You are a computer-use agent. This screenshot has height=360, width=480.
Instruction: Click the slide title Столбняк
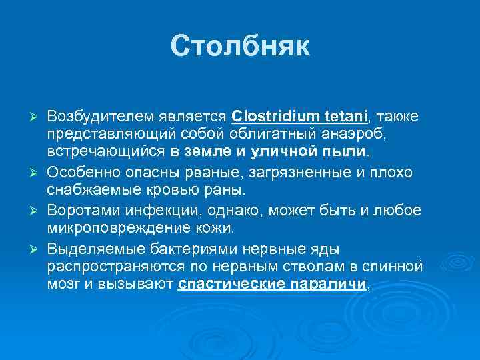[x=240, y=47]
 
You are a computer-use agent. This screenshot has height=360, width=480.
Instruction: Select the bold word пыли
[x=345, y=151]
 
